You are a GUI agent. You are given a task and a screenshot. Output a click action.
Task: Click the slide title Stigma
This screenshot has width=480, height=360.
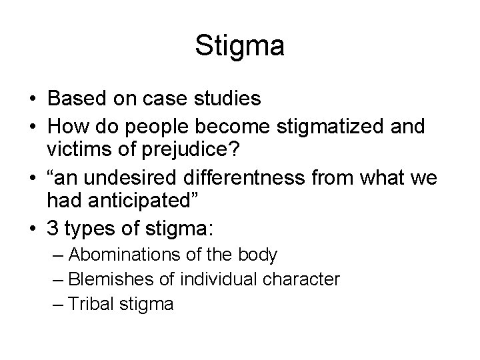tap(240, 46)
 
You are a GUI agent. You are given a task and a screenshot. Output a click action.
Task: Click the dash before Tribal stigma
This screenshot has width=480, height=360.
tap(57, 305)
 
